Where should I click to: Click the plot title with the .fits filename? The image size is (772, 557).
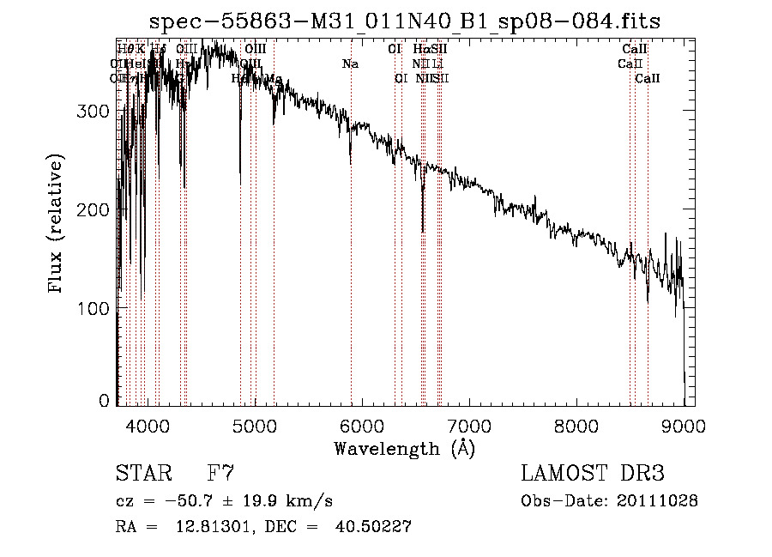click(x=405, y=21)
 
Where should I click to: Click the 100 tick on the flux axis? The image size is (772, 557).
click(x=96, y=307)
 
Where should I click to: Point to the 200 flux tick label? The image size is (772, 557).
click(x=96, y=209)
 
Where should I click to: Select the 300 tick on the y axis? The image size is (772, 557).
click(x=96, y=112)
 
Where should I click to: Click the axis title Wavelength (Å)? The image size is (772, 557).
click(x=404, y=448)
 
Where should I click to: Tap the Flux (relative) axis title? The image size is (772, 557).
click(x=57, y=226)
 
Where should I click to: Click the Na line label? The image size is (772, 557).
click(x=350, y=64)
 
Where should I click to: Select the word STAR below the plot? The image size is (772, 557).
click(x=141, y=474)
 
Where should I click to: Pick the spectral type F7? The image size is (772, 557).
click(x=220, y=474)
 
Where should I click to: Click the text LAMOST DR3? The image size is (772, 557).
click(x=593, y=474)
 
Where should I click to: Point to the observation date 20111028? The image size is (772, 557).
click(x=657, y=501)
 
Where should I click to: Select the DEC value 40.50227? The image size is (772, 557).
click(x=377, y=527)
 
